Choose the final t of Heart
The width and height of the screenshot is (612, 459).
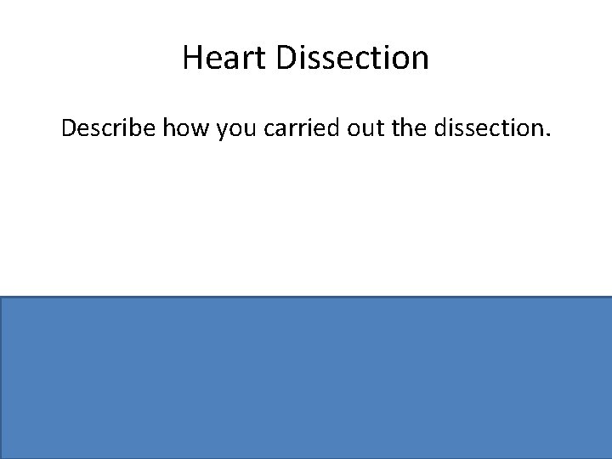[247, 59]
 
